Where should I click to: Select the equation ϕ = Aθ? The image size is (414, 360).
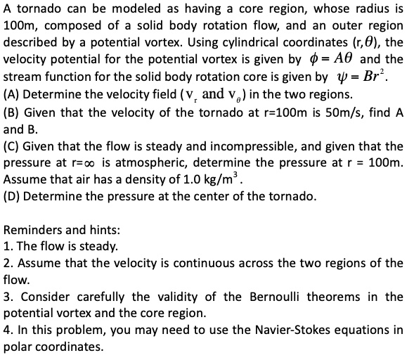pos(333,58)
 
